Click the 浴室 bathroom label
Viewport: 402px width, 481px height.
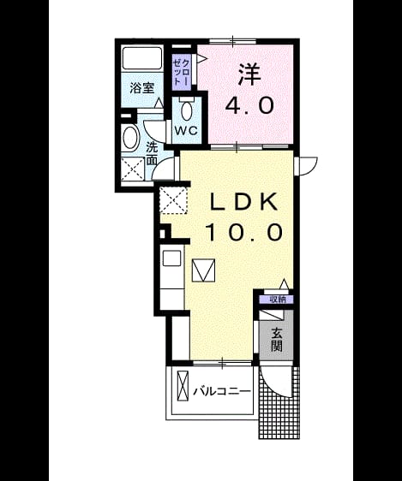[x=142, y=88]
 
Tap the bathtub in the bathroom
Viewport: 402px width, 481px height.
[x=142, y=58]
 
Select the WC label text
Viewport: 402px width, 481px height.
[x=186, y=131]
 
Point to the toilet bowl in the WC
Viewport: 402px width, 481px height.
[x=186, y=110]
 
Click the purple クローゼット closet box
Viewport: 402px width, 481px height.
[x=182, y=73]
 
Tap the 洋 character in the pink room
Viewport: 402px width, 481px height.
[x=249, y=74]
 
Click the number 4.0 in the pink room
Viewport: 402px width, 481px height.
[x=249, y=105]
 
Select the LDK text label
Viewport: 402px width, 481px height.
[x=243, y=201]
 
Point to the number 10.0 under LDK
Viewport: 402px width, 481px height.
[x=243, y=232]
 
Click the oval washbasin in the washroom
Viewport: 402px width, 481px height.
[x=131, y=138]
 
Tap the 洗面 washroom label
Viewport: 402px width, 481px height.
[x=152, y=154]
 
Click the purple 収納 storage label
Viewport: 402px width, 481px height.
[x=276, y=300]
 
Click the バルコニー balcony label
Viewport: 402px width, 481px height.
[x=222, y=391]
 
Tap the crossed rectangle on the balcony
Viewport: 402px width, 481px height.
[x=183, y=386]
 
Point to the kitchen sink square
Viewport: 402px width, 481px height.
[x=171, y=258]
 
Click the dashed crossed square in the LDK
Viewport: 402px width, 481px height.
[x=173, y=200]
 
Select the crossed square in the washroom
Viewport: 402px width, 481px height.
[x=133, y=169]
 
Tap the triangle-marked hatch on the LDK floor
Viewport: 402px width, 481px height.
[x=203, y=270]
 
